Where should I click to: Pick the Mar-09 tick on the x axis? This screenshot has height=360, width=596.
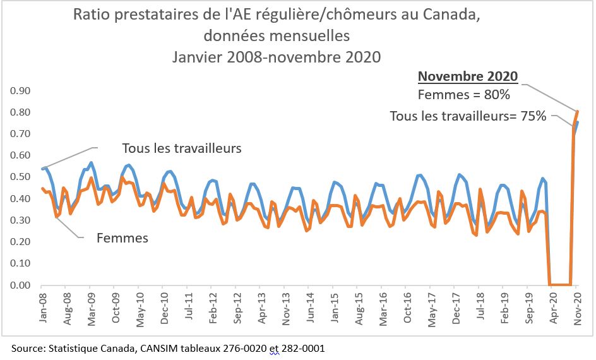pyautogui.click(x=92, y=309)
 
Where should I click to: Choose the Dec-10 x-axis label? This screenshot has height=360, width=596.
pyautogui.click(x=164, y=309)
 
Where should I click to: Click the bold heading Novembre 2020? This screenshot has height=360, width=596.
pyautogui.click(x=468, y=77)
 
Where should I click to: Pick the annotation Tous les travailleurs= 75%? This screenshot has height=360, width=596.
pyautogui.click(x=468, y=116)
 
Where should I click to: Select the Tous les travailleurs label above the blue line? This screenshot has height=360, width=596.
pyautogui.click(x=182, y=149)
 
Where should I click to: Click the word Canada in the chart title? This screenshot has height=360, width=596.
pyautogui.click(x=447, y=15)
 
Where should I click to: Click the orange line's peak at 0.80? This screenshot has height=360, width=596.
pyautogui.click(x=577, y=112)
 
